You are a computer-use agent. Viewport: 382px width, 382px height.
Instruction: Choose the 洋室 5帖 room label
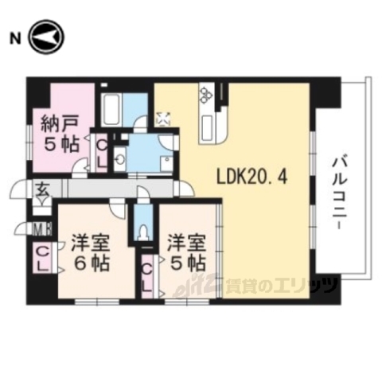click(186, 253)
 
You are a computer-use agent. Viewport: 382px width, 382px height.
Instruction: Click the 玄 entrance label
click(41, 190)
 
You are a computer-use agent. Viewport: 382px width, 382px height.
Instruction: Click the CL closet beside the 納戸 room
click(102, 150)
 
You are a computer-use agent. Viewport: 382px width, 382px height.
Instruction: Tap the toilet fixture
click(143, 232)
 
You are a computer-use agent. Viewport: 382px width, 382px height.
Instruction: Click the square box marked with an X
click(165, 119)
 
